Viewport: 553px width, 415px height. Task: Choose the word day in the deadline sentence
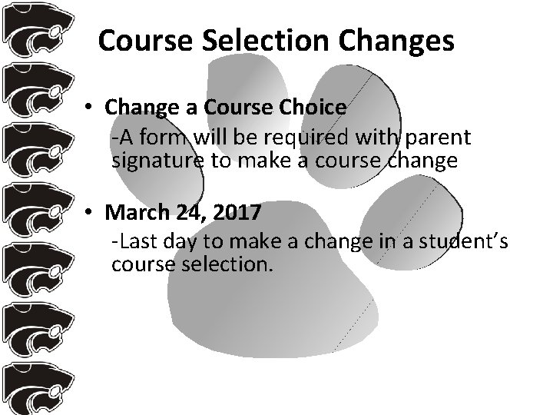tap(178, 242)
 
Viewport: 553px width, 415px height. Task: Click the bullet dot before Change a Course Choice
tap(90, 108)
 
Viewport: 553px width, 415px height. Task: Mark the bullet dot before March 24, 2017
tap(90, 211)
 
